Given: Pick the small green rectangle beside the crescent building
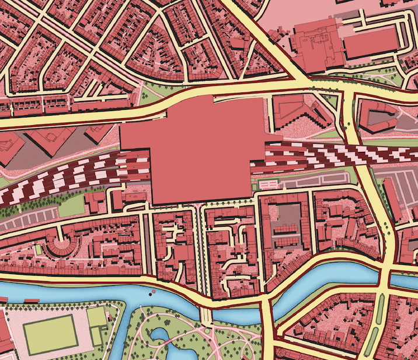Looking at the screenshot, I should click(x=39, y=250).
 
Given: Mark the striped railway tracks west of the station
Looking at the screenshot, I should click(x=58, y=181).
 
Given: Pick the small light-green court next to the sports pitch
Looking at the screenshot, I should click(x=96, y=319).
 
